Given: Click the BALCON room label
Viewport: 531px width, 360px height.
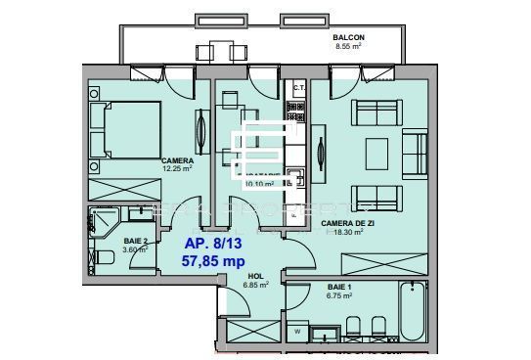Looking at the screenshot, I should pyautogui.click(x=350, y=37).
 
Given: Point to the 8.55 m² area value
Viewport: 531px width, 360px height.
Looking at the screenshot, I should pyautogui.click(x=350, y=46).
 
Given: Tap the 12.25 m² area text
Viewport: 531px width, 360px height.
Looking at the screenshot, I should pyautogui.click(x=177, y=169).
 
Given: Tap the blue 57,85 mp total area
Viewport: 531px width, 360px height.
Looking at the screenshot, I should pyautogui.click(x=213, y=261).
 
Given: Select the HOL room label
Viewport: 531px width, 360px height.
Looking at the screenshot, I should pyautogui.click(x=256, y=277).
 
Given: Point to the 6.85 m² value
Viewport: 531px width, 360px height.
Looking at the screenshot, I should pyautogui.click(x=256, y=287).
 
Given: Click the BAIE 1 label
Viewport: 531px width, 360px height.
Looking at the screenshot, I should pyautogui.click(x=340, y=286).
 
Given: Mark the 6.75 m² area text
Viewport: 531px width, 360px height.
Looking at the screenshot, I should pyautogui.click(x=340, y=294).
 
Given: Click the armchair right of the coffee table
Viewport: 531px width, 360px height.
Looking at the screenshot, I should pyautogui.click(x=417, y=151).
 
